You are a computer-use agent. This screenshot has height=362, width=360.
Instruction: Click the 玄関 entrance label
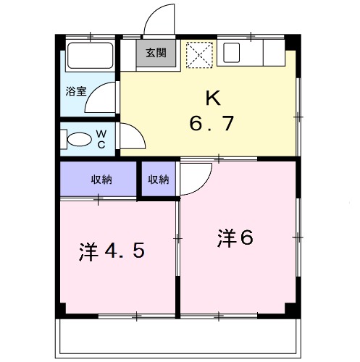coord(154,53)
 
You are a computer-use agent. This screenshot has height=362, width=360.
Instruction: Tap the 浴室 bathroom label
coord(76,91)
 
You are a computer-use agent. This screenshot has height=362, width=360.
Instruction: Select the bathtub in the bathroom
coord(89,57)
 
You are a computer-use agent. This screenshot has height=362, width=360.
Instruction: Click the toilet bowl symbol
coord(75,138)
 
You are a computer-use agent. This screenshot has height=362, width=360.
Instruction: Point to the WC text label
coord(102,139)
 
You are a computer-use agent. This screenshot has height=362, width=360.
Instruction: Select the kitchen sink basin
coord(233,52)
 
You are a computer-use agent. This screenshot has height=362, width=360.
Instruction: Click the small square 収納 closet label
coord(159,180)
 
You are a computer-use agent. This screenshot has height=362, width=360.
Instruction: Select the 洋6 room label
coord(235,237)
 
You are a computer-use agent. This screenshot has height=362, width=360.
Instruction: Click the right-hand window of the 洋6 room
coord(298,236)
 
